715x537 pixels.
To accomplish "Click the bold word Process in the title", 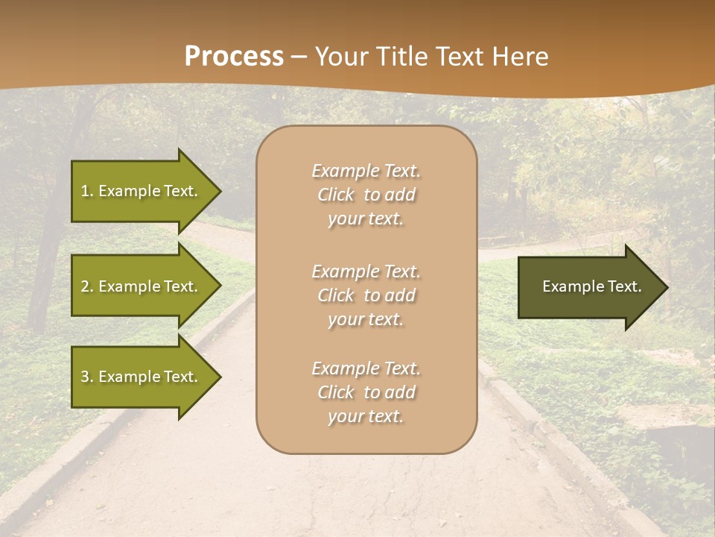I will coord(234,57).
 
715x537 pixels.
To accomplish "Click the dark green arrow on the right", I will coord(588,286).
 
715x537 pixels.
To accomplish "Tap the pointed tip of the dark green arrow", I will coord(666,286).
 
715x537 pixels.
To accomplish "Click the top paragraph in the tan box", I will coord(366,195).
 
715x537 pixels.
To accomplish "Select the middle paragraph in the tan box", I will coord(366,295).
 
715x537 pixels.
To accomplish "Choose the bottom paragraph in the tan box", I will coord(366,392).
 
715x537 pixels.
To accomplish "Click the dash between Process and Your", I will coord(299,57).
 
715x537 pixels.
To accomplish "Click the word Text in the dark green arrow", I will coord(623,286).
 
